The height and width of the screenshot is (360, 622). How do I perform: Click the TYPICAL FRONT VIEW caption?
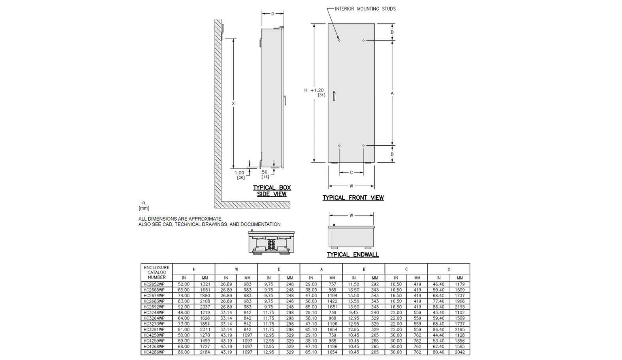pyautogui.click(x=353, y=198)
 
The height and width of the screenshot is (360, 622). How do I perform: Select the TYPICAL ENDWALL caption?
pyautogui.click(x=353, y=255)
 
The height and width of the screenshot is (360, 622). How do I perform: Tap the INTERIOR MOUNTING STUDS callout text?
pyautogui.click(x=365, y=9)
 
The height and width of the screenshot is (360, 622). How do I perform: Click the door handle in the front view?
pyautogui.click(x=334, y=96)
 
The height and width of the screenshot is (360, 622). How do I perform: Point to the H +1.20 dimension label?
pyautogui.click(x=314, y=90)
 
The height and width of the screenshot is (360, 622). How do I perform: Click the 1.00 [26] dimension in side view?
pyautogui.click(x=240, y=175)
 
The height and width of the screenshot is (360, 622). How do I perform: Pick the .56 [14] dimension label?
pyautogui.click(x=265, y=175)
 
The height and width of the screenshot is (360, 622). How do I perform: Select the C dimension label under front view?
pyautogui.click(x=351, y=173)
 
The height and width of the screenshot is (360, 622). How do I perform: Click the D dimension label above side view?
pyautogui.click(x=273, y=14)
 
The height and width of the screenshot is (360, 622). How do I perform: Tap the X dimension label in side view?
pyautogui.click(x=233, y=104)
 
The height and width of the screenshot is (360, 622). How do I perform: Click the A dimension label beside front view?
pyautogui.click(x=392, y=93)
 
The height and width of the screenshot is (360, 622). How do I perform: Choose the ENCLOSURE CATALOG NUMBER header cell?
pyautogui.click(x=157, y=273)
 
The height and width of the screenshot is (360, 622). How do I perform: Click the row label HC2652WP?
pyautogui.click(x=154, y=284)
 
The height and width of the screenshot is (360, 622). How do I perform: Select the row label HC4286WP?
pyautogui.click(x=154, y=352)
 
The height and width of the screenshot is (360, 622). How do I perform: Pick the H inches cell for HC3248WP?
pyautogui.click(x=183, y=313)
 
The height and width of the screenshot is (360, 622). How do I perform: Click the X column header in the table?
pyautogui.click(x=449, y=269)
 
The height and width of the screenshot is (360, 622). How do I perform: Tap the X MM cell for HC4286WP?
pyautogui.click(x=460, y=352)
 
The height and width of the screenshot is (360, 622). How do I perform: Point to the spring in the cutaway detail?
pyautogui.click(x=271, y=245)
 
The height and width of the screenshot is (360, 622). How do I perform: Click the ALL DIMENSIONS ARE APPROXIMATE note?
pyautogui.click(x=180, y=219)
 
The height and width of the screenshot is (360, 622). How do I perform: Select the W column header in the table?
pyautogui.click(x=236, y=269)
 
